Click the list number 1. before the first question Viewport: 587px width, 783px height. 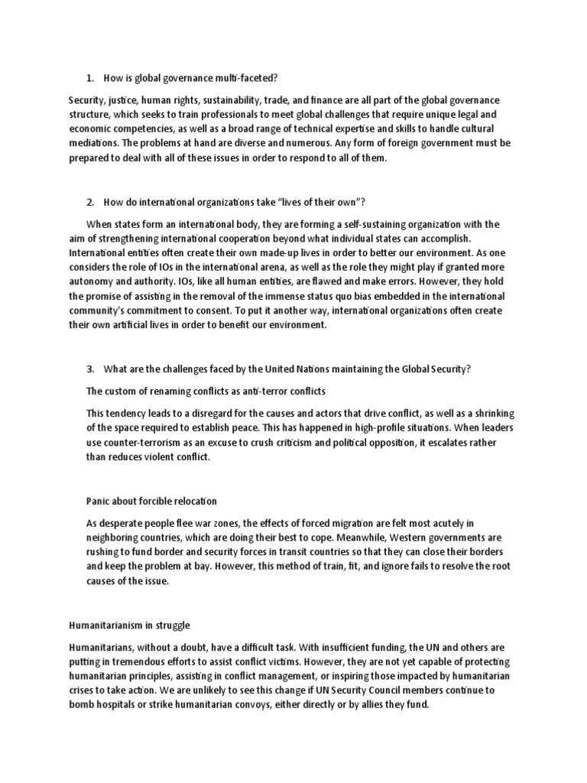89,78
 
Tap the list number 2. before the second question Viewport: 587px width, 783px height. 89,202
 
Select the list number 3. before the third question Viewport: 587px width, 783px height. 89,369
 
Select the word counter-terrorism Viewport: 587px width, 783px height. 151,443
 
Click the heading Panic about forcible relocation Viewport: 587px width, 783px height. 151,501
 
